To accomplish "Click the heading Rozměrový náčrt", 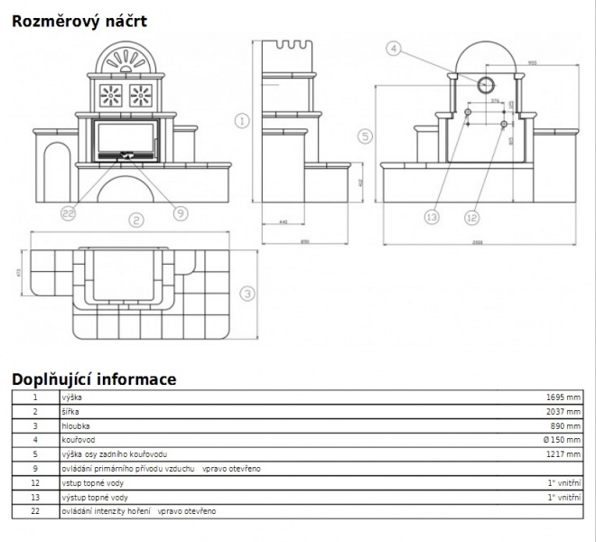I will point(79,20).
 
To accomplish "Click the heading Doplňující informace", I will point(94,379).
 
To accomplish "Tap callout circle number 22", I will point(69,213).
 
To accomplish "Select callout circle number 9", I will point(180,213).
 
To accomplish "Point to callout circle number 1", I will point(241,120).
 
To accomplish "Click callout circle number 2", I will point(135,220).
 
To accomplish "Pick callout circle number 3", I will point(247,293).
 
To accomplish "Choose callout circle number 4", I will point(393,49).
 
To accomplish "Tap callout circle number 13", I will point(431,217).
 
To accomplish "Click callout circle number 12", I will point(471,217).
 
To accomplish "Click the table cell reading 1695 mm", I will point(563,397).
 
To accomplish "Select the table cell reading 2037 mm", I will point(563,411).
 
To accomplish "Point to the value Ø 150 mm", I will point(563,440).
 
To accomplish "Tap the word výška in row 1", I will point(70,397).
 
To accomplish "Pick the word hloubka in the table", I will point(75,425).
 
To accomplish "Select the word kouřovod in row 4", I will point(77,440).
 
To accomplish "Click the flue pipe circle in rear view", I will point(485,85).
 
